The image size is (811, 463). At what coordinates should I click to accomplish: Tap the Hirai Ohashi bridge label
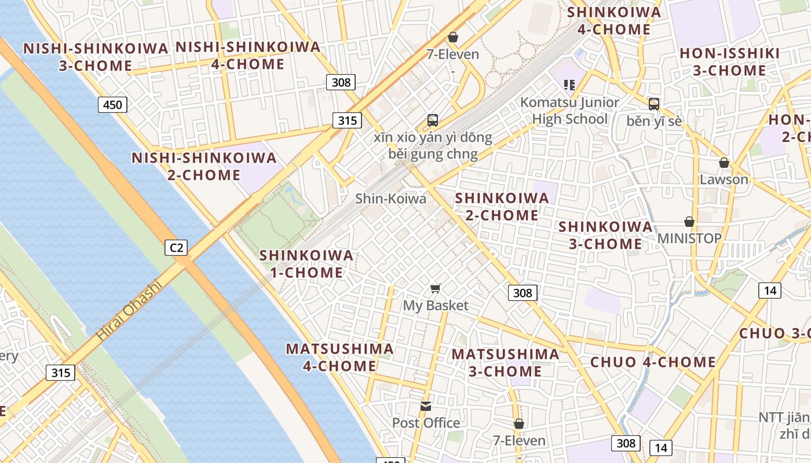point(128,311)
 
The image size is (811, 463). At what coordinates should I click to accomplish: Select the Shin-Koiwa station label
point(390,199)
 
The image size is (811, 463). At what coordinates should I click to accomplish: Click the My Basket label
point(436,305)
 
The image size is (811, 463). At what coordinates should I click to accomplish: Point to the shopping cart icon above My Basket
point(436,288)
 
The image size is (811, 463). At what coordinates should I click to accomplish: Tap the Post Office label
point(426,423)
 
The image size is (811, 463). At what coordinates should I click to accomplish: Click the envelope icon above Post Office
point(426,406)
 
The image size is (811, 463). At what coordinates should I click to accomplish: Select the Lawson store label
point(724,179)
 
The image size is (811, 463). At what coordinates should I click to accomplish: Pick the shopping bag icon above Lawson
point(724,163)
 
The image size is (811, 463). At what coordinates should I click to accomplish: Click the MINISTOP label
point(689,238)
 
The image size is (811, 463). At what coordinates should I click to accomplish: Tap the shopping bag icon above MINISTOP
point(689,222)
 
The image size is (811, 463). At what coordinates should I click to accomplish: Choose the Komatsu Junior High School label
point(569,111)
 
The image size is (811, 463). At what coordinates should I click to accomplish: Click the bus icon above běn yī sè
point(654,104)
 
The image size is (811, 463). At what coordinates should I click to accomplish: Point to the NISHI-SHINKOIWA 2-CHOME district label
point(204,166)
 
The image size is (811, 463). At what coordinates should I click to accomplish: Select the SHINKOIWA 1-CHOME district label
point(306,263)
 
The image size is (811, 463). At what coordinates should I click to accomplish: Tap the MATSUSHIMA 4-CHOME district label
point(339,357)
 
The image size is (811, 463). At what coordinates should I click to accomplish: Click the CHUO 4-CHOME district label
point(653,362)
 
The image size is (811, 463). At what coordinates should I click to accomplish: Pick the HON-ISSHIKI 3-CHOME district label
point(729,62)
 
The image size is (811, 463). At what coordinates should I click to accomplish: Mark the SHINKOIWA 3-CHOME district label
point(605,235)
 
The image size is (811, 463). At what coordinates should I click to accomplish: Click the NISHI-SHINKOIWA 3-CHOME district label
point(96,57)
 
